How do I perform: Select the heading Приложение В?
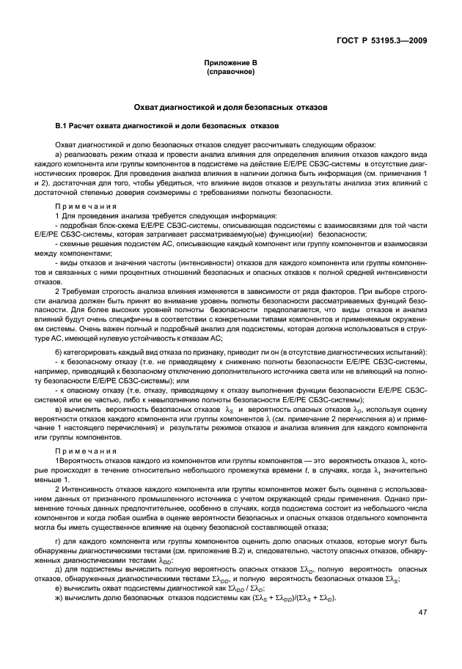tap(231, 64)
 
